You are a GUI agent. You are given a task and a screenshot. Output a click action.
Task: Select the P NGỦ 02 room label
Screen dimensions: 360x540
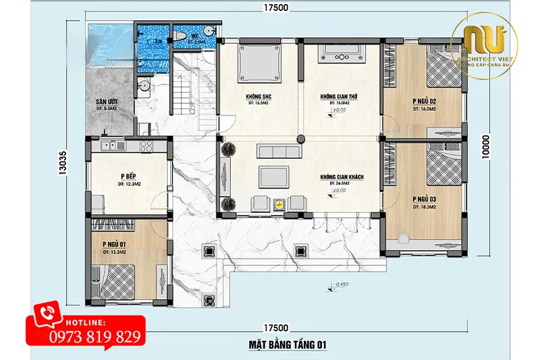pos(424,101)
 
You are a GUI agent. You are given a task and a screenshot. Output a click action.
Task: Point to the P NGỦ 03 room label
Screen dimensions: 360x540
pos(424,200)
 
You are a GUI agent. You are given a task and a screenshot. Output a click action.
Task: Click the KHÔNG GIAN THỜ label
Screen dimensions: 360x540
pos(337,97)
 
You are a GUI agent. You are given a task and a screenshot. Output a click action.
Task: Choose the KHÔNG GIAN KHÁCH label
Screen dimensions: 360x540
pos(342,177)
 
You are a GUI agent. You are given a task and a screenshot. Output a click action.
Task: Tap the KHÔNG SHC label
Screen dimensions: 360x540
pos(259,97)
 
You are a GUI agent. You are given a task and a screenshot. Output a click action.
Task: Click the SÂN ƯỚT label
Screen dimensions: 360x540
pos(108,102)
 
